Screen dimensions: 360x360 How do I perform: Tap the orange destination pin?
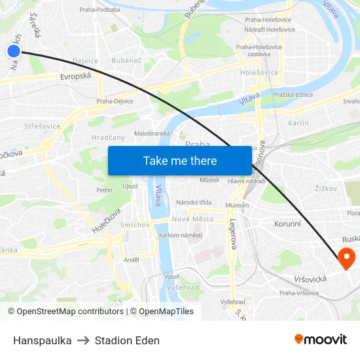click(x=346, y=257)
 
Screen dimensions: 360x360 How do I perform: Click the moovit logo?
click(x=320, y=340)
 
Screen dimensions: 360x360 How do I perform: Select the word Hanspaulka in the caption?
click(x=42, y=340)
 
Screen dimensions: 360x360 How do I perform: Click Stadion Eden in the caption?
click(x=127, y=340)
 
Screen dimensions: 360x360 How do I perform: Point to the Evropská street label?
click(x=76, y=76)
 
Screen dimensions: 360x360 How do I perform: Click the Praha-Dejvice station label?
click(x=115, y=101)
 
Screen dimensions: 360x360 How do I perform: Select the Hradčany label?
click(x=108, y=137)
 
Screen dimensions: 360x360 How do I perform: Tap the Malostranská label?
click(x=152, y=133)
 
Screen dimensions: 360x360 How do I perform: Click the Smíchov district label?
click(x=135, y=225)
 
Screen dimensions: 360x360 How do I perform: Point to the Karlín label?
click(x=298, y=123)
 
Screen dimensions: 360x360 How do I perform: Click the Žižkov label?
click(x=325, y=189)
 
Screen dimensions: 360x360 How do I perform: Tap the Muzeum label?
click(x=237, y=205)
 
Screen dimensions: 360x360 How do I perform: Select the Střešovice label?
click(x=42, y=126)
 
